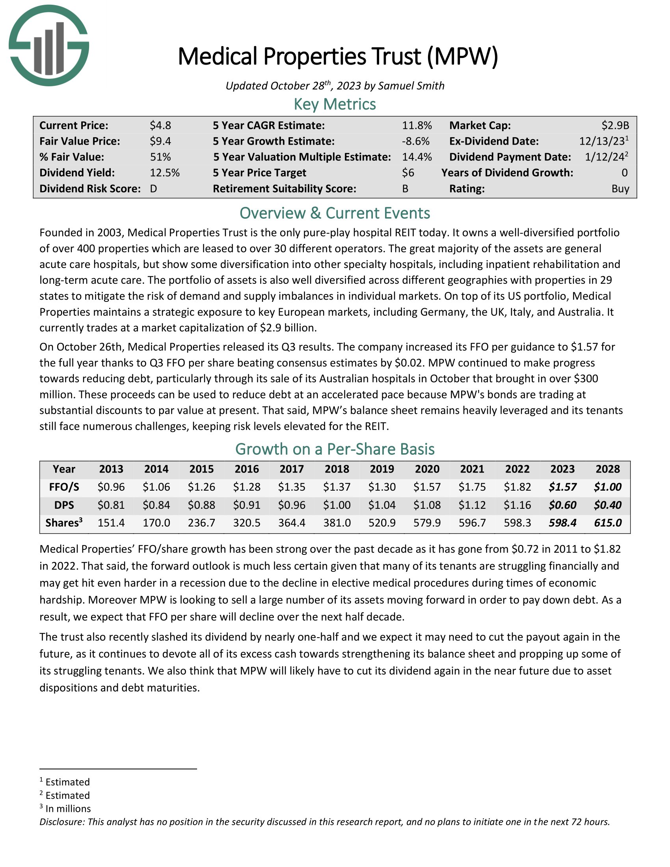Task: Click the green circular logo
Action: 48,45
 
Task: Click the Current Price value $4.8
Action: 160,125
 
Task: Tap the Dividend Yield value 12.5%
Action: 165,173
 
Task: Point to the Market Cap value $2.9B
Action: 615,125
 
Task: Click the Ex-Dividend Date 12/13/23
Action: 602,141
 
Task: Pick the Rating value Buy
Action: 620,188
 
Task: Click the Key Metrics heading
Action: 335,104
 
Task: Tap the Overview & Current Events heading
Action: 335,213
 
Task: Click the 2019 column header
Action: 382,469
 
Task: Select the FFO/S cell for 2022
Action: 517,487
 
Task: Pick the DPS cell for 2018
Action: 337,505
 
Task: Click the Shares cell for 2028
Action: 608,523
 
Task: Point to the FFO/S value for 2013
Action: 111,487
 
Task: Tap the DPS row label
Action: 64,505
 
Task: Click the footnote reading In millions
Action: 68,809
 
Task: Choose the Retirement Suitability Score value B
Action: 405,188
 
